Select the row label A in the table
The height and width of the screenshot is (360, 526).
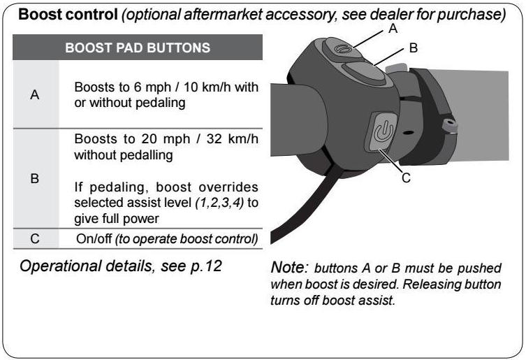pyautogui.click(x=34, y=94)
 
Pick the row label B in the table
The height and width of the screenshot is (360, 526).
pyautogui.click(x=34, y=178)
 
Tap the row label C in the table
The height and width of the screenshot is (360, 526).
pyautogui.click(x=34, y=239)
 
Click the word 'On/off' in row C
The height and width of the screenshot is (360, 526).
pyautogui.click(x=94, y=239)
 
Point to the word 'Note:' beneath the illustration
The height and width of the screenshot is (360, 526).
pyautogui.click(x=289, y=267)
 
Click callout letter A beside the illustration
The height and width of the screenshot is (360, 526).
pyautogui.click(x=393, y=29)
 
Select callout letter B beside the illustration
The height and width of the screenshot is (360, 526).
pyautogui.click(x=413, y=48)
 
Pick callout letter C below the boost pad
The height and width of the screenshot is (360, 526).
pyautogui.click(x=405, y=178)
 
